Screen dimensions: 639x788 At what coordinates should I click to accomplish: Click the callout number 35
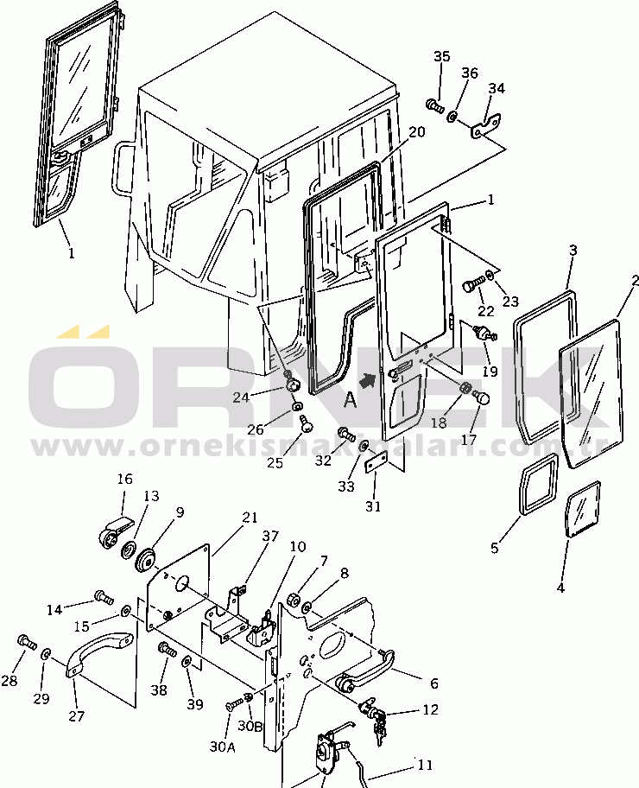(441, 56)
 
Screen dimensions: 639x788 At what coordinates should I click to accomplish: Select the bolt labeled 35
(434, 105)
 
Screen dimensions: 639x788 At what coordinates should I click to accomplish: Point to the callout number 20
(416, 131)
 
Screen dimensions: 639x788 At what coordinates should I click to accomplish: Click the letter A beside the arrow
(350, 401)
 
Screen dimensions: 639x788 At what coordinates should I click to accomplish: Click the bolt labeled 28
(27, 642)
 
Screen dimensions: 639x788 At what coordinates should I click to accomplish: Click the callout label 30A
(222, 747)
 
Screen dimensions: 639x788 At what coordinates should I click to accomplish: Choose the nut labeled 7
(294, 599)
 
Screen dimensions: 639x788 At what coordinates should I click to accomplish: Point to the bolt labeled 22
(471, 286)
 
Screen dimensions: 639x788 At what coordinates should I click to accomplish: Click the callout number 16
(124, 479)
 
